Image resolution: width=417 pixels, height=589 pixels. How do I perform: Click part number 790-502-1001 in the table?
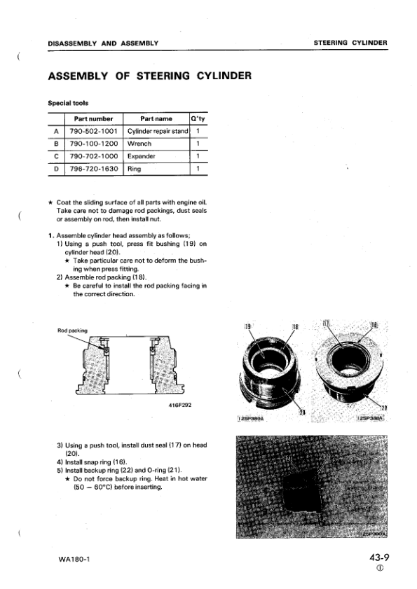point(93,131)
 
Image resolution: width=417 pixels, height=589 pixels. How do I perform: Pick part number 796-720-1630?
point(93,169)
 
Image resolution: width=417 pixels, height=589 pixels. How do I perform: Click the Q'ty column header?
point(198,118)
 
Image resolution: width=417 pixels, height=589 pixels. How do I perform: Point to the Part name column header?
point(156,118)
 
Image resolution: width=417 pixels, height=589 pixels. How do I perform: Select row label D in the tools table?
point(56,169)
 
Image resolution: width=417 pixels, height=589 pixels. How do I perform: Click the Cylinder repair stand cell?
point(156,131)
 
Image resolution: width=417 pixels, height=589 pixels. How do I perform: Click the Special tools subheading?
point(67,103)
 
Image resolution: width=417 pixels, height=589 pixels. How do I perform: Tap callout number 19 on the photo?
point(247,326)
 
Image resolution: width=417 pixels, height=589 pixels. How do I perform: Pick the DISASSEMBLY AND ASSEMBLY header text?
point(102,43)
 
